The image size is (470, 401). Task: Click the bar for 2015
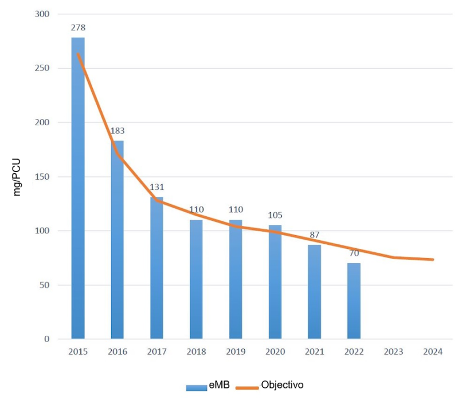(x=78, y=189)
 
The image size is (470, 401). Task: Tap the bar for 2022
(x=354, y=301)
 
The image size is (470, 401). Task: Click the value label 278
(x=78, y=27)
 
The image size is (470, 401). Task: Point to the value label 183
(x=117, y=130)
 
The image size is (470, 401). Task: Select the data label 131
(x=156, y=187)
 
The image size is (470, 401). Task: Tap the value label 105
(x=275, y=215)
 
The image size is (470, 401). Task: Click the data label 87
(x=314, y=235)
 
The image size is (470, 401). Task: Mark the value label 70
(x=354, y=253)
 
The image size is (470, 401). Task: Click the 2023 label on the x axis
(x=393, y=352)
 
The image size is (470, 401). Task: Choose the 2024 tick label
(x=433, y=352)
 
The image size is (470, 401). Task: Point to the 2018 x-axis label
(x=196, y=352)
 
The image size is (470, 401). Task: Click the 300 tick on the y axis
(x=42, y=14)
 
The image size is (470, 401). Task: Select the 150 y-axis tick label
(x=42, y=177)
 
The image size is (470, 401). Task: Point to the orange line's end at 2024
(x=433, y=260)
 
